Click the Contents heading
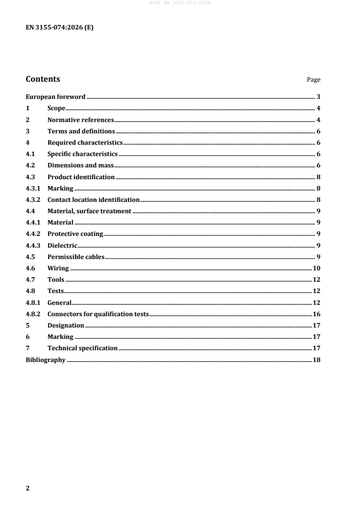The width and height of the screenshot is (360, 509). pyautogui.click(x=43, y=79)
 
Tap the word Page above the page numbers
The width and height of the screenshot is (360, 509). pyautogui.click(x=313, y=80)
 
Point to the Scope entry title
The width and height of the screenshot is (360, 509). pyautogui.click(x=56, y=108)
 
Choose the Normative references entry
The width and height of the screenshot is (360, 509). pyautogui.click(x=80, y=120)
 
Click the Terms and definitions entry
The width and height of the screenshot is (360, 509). pyautogui.click(x=81, y=131)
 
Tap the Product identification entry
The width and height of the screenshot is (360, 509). pyautogui.click(x=81, y=177)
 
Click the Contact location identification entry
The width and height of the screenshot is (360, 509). pyautogui.click(x=93, y=200)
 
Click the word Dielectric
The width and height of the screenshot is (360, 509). pyautogui.click(x=62, y=245)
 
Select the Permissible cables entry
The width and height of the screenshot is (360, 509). pyautogui.click(x=76, y=257)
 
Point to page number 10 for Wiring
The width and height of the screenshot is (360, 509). pyautogui.click(x=317, y=268)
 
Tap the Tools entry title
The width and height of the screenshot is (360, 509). pyautogui.click(x=56, y=279)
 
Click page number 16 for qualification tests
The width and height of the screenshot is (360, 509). pyautogui.click(x=317, y=314)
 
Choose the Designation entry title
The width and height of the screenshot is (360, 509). pyautogui.click(x=65, y=325)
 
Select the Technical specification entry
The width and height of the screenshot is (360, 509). pyautogui.click(x=82, y=348)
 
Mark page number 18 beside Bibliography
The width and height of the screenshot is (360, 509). pyautogui.click(x=317, y=360)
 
